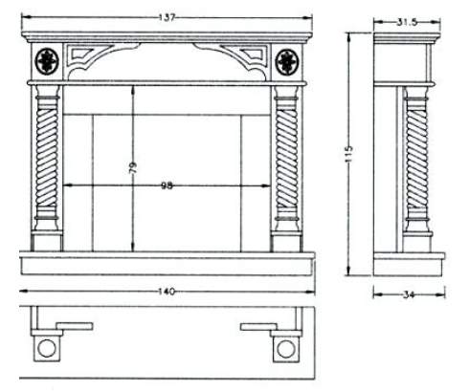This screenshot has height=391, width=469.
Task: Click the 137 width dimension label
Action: tap(167, 17)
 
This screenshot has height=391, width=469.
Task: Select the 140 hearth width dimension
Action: tap(167, 292)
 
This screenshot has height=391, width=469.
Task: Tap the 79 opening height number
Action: tap(132, 167)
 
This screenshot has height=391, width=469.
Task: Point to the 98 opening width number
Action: tap(167, 185)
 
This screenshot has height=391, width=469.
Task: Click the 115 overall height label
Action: tap(348, 154)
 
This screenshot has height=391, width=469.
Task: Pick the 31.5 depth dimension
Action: tap(407, 22)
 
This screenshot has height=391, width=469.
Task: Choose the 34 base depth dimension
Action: tap(409, 294)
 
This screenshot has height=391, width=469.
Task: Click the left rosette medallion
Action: tap(47, 61)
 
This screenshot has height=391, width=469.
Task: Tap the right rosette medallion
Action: tap(287, 62)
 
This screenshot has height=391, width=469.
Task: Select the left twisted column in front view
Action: tap(47, 159)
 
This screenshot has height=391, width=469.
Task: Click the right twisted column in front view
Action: tap(287, 159)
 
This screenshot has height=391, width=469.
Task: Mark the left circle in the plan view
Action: tap(47, 348)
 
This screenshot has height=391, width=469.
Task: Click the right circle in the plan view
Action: tap(285, 349)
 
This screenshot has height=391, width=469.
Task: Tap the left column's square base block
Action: tap(47, 242)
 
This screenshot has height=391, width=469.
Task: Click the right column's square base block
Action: tap(286, 242)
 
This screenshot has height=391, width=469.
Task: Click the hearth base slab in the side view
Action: tap(409, 265)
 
